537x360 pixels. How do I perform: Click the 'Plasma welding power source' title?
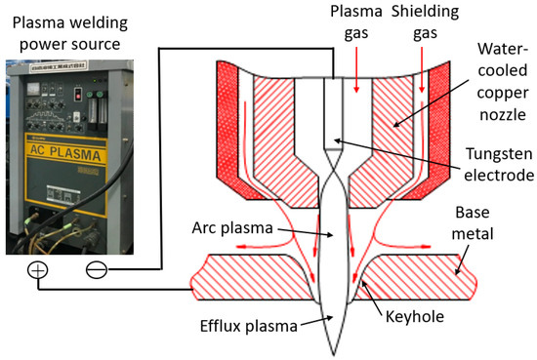(67, 28)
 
